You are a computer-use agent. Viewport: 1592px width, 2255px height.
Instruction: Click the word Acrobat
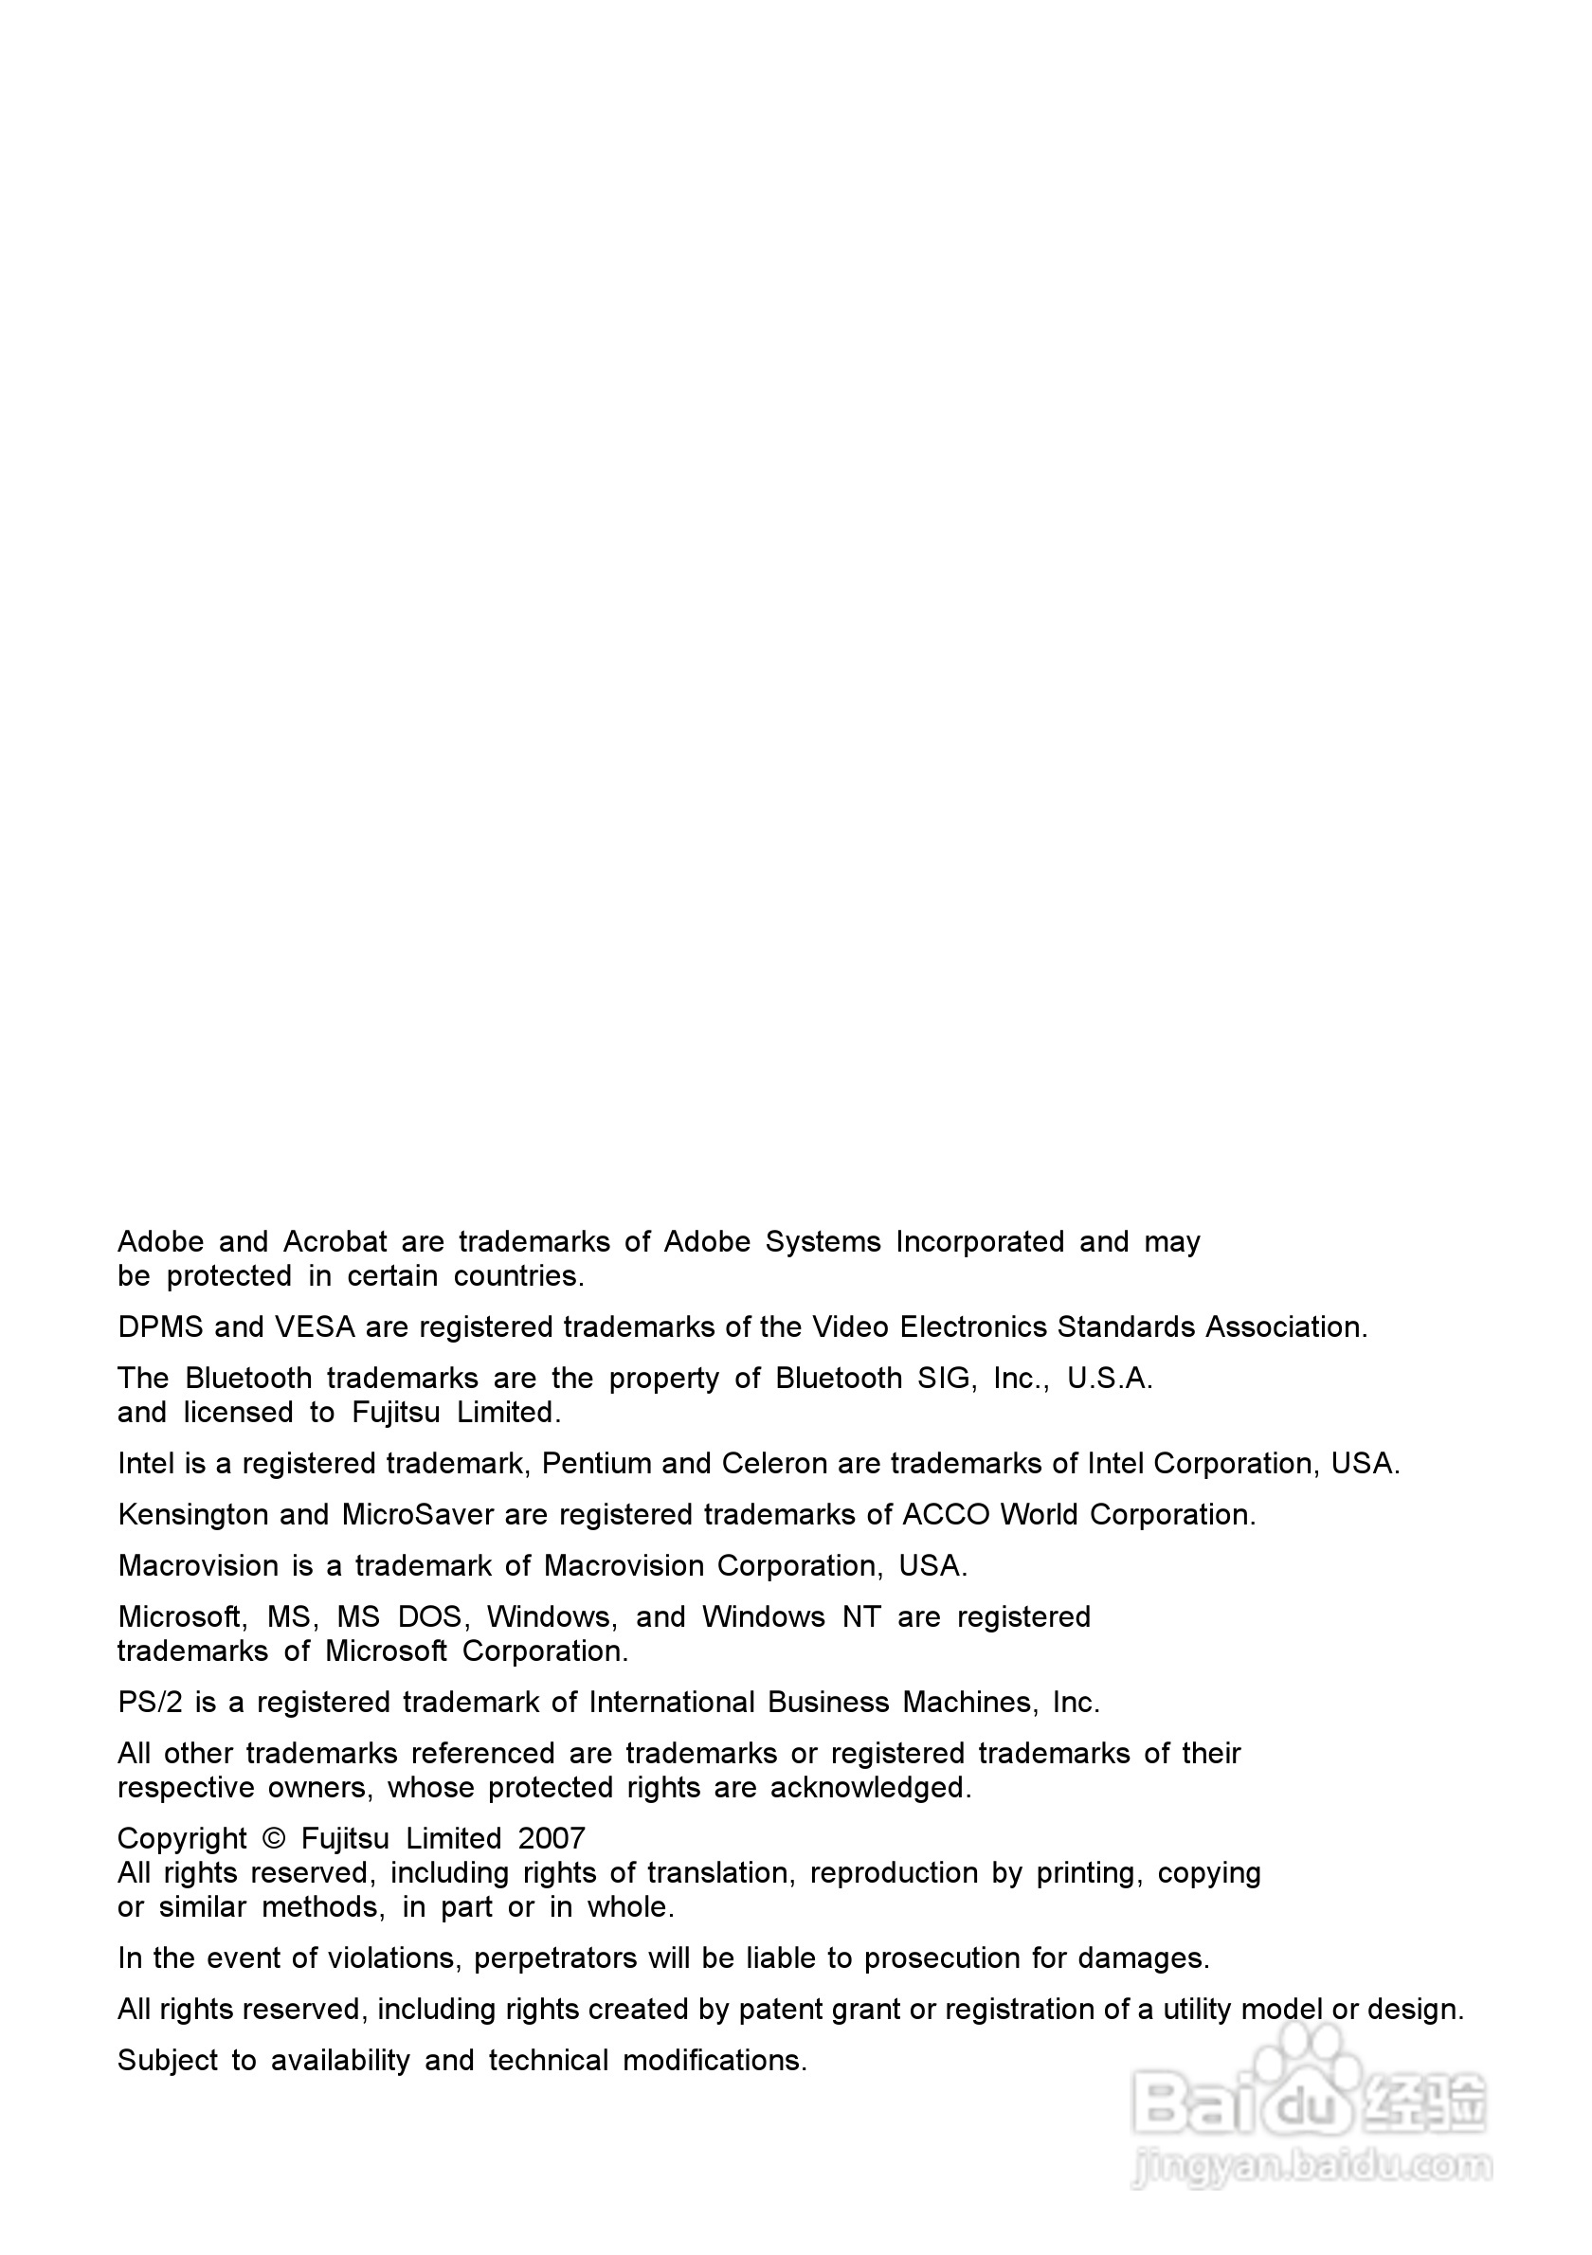tap(335, 1242)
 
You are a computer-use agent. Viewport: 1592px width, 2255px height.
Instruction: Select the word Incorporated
tap(979, 1242)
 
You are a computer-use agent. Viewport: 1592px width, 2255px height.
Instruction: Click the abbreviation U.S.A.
tap(1110, 1379)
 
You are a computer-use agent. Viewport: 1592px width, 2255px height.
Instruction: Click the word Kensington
tap(193, 1515)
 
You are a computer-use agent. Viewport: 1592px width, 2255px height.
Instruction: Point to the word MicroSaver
tap(417, 1515)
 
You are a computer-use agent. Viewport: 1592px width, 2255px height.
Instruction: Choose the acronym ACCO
tap(946, 1515)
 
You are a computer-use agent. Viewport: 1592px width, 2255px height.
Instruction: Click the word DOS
tap(429, 1617)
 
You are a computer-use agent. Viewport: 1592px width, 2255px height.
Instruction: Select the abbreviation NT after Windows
tap(861, 1617)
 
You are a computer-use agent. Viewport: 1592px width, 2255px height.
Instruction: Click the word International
tap(672, 1703)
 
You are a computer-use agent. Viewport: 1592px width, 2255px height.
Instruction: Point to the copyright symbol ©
tap(274, 1840)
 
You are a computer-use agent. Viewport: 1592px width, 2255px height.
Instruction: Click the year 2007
tap(552, 1840)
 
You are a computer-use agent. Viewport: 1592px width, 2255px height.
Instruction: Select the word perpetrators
tap(555, 1959)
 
